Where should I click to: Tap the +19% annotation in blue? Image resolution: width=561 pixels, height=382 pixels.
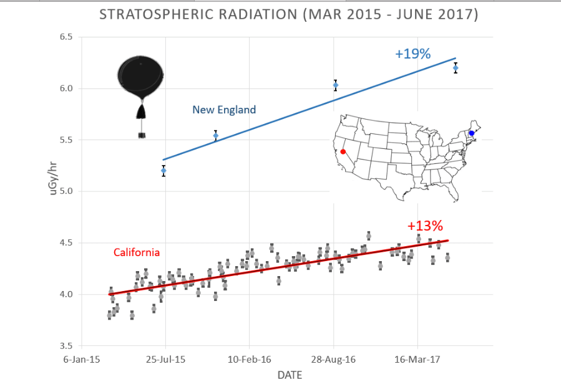[x=412, y=54]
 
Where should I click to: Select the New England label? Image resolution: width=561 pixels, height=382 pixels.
[x=224, y=110]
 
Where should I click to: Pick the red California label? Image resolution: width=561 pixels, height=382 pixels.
[x=137, y=252]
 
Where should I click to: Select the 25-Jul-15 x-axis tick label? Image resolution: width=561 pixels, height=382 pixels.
[x=165, y=360]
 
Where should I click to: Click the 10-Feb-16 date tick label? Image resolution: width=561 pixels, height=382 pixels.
[x=249, y=360]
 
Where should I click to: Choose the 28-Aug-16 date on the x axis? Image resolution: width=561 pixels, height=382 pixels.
[x=333, y=360]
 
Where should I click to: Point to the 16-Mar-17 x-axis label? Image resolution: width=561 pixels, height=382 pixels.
[x=417, y=360]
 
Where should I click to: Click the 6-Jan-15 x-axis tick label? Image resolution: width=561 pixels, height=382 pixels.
[x=83, y=360]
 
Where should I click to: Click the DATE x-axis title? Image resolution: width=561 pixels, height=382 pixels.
[x=290, y=375]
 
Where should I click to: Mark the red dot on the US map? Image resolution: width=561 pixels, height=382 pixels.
[x=343, y=151]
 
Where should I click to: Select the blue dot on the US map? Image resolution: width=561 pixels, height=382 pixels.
[x=472, y=133]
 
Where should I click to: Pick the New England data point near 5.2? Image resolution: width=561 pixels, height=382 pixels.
[x=163, y=170]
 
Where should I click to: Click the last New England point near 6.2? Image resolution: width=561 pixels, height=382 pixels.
[x=456, y=68]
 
